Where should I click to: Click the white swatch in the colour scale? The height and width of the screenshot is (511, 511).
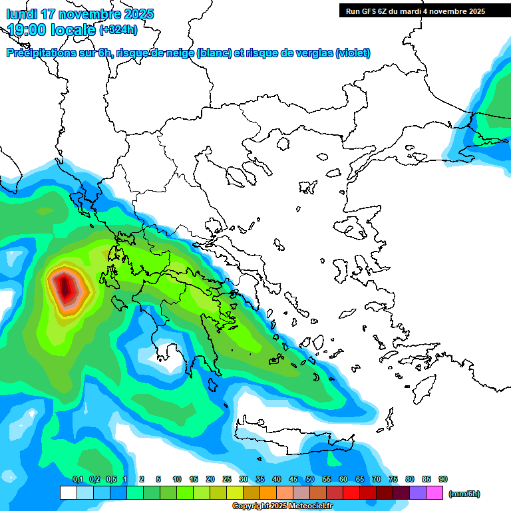(69, 493)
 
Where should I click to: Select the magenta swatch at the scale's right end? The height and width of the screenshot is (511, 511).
(434, 493)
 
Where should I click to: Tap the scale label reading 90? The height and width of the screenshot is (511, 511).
(443, 479)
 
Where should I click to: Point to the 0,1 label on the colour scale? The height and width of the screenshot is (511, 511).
(78, 479)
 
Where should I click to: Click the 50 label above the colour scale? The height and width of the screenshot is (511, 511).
(310, 479)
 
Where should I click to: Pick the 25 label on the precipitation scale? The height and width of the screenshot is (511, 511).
(227, 479)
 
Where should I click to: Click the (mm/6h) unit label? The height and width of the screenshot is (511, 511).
(464, 494)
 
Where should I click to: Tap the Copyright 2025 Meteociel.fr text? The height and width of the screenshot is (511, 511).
(283, 506)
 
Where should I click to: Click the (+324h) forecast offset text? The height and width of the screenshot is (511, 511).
(118, 29)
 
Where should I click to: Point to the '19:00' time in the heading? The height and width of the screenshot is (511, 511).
(27, 29)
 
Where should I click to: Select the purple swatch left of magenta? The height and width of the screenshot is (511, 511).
(418, 493)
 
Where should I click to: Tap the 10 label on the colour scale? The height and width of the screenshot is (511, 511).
(177, 479)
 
